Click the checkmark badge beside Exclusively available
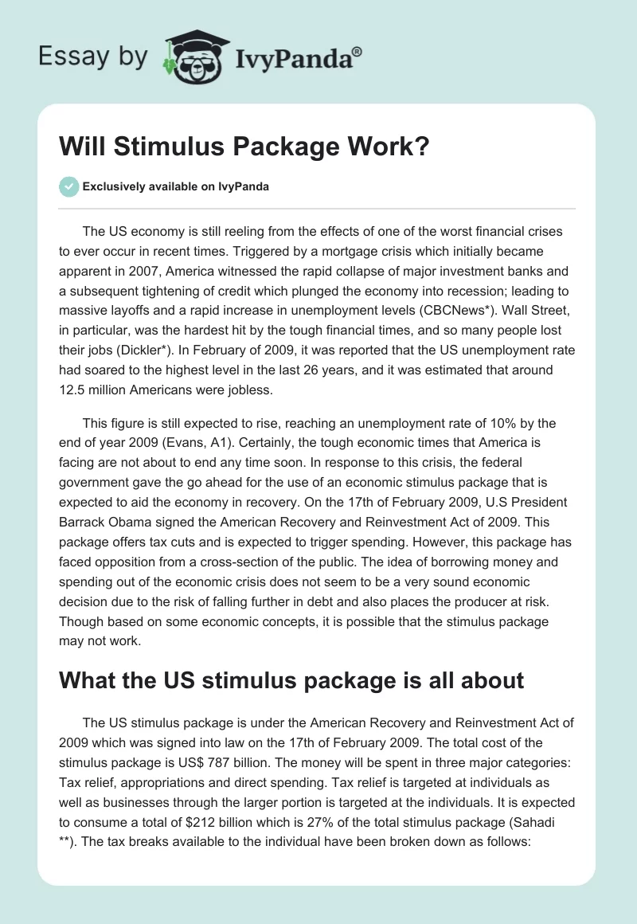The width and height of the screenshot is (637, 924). [68, 186]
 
